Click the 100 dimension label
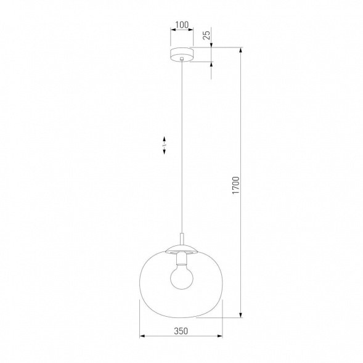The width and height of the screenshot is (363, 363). coord(181,25)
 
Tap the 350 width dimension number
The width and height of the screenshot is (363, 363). coord(181,330)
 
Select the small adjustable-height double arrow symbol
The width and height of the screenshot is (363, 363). coord(164,145)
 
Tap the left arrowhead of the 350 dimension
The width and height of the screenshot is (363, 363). coord(143,336)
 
